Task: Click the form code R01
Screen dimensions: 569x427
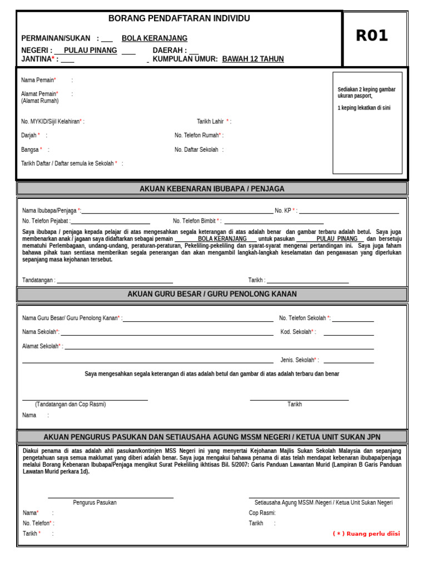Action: [371, 36]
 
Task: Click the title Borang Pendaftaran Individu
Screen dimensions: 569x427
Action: [179, 18]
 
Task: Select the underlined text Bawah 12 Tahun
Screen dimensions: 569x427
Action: [253, 59]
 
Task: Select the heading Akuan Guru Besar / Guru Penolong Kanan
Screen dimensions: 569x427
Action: [212, 294]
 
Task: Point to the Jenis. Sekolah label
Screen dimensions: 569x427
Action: [298, 360]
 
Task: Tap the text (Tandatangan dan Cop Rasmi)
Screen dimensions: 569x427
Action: [70, 404]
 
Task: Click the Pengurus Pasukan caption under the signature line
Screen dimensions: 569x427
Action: [95, 502]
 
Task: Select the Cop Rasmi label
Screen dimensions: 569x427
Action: [262, 513]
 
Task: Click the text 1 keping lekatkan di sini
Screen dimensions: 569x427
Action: [364, 108]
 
